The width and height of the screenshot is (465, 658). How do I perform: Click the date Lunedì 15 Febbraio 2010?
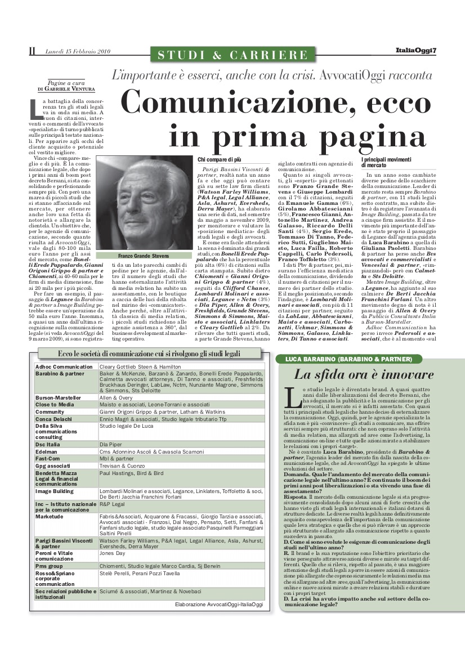(x=78, y=52)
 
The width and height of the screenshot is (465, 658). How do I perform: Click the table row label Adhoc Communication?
(x=64, y=366)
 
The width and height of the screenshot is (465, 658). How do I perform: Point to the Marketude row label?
(x=50, y=516)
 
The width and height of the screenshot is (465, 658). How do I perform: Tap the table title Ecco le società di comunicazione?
(x=149, y=353)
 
